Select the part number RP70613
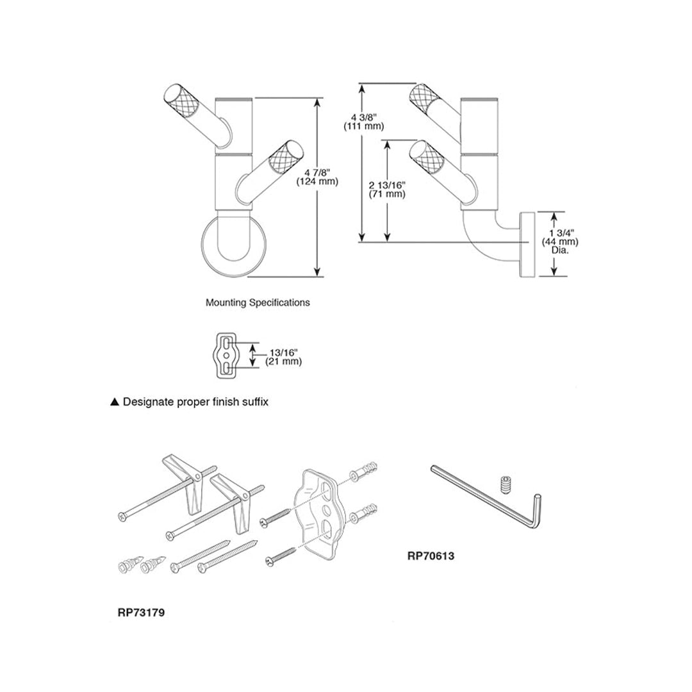pyautogui.click(x=431, y=556)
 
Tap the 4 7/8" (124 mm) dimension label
pyautogui.click(x=317, y=176)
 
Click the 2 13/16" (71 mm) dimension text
pyautogui.click(x=386, y=189)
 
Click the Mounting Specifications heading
pyautogui.click(x=257, y=302)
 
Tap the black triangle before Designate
pyautogui.click(x=115, y=402)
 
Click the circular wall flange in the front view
pyautogui.click(x=230, y=247)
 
